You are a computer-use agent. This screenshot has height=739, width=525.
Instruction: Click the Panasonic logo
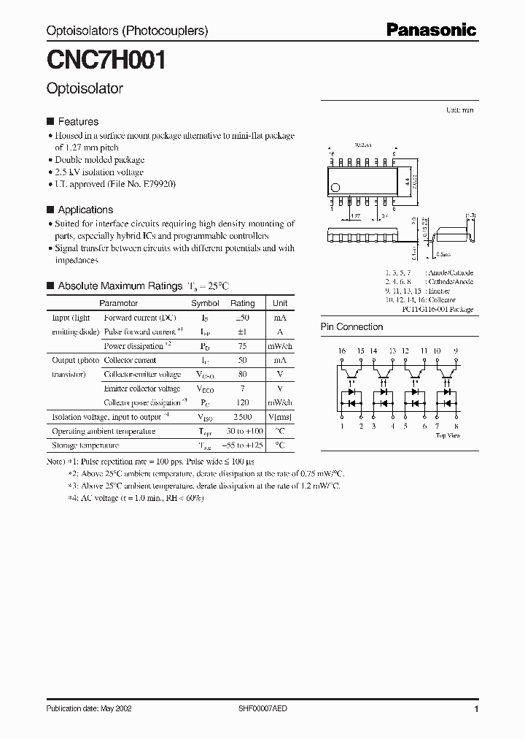click(431, 30)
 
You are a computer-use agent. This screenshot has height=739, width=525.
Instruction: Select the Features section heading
click(78, 122)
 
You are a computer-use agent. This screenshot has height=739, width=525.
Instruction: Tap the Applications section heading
click(85, 210)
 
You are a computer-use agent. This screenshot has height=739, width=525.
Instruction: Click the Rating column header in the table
click(243, 303)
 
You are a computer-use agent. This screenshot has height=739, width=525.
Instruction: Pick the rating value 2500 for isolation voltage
click(243, 417)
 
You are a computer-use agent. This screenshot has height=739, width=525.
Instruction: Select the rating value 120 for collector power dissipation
click(243, 402)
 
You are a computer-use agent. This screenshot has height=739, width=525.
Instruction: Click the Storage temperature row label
click(85, 445)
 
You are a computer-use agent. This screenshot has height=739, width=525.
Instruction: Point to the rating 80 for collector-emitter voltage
click(243, 375)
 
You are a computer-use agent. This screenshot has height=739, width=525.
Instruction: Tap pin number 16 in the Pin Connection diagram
click(341, 351)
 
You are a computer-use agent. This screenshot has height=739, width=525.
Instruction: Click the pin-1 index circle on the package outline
click(336, 187)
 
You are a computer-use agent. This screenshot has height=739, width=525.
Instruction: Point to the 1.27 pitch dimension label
click(355, 216)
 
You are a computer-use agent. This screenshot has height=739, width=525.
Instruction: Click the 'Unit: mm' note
click(459, 110)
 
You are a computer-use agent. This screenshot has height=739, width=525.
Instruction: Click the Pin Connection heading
click(351, 327)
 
